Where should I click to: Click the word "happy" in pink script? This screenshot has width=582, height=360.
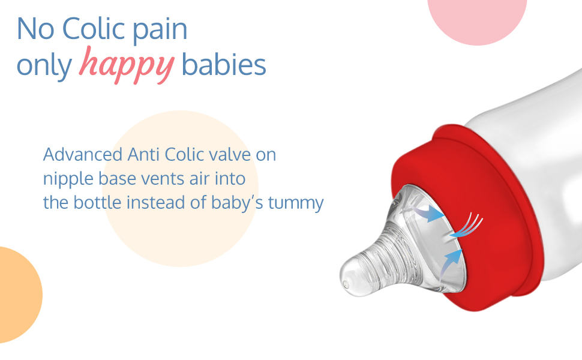(127, 65)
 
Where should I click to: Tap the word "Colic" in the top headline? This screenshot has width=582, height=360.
(93, 28)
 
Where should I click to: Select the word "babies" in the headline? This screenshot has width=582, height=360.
(223, 64)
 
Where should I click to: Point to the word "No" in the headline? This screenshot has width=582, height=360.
(35, 29)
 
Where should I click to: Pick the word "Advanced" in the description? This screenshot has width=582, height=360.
(83, 154)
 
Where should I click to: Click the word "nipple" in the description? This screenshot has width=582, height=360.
(68, 179)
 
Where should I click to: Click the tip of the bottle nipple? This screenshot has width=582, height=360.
(346, 284)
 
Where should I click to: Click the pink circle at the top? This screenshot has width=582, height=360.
(478, 19)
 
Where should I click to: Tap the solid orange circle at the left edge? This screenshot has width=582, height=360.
(19, 295)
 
